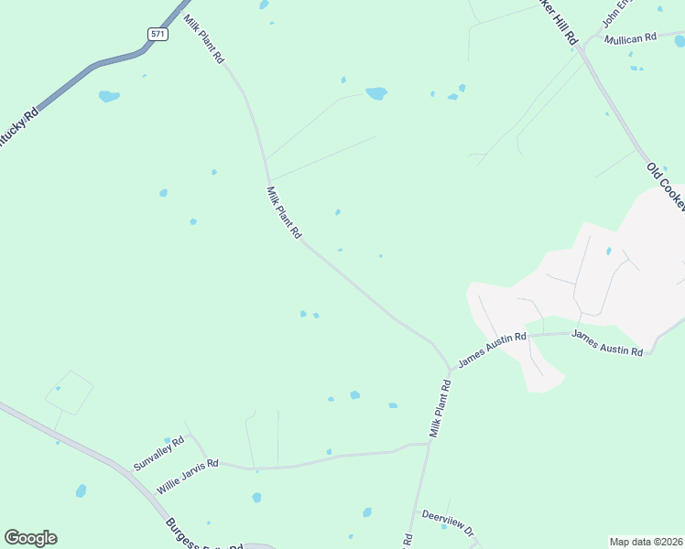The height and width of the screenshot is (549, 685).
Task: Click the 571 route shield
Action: click(x=158, y=34)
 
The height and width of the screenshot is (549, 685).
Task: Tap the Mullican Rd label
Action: click(x=631, y=38)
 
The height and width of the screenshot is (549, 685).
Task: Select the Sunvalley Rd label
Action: click(x=158, y=452)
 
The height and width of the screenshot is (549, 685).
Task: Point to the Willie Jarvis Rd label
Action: click(x=187, y=477)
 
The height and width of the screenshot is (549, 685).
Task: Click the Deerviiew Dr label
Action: click(x=448, y=524)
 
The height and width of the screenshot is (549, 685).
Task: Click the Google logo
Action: click(x=30, y=538)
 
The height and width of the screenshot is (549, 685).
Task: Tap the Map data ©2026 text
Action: click(x=647, y=542)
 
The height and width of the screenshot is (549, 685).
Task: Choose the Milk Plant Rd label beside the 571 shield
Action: click(x=204, y=38)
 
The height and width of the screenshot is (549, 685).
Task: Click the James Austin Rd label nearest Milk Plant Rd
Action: click(x=493, y=350)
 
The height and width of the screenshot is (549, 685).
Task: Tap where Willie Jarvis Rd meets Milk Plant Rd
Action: click(x=428, y=444)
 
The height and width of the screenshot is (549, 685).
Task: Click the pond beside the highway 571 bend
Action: click(x=109, y=95)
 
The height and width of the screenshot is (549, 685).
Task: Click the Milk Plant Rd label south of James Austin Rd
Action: click(x=440, y=408)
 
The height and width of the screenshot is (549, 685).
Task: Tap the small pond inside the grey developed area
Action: click(x=608, y=251)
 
